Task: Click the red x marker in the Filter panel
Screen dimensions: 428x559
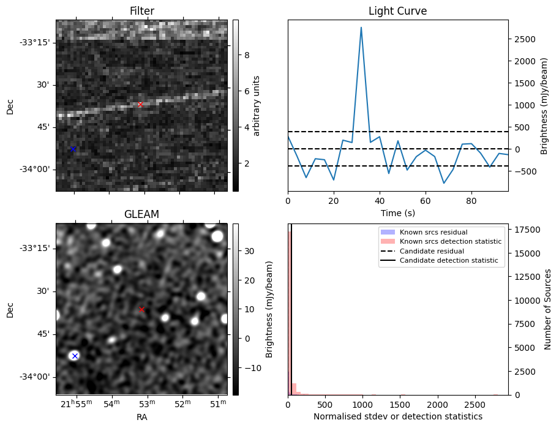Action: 140,105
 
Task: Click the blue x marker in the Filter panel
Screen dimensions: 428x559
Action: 73,149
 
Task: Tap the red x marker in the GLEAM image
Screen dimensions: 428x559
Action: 141,310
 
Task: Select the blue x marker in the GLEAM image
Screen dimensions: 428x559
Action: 75,356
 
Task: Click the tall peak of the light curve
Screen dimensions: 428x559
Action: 361,28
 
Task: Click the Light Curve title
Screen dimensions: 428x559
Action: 397,12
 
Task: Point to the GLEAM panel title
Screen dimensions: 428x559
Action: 141,214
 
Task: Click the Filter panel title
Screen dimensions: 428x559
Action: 141,12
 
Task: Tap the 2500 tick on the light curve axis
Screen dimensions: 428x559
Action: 524,39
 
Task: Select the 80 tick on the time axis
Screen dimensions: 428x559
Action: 471,200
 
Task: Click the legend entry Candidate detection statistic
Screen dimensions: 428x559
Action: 450,261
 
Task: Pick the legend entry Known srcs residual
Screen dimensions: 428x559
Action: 433,232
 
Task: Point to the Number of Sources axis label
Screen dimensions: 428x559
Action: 549,309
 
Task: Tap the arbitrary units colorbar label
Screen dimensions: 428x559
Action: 257,105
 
